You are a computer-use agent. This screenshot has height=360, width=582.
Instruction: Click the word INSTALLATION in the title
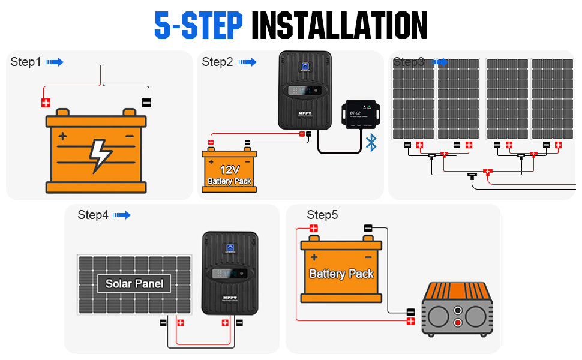339,25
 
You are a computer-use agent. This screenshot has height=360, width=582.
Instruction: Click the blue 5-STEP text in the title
199,25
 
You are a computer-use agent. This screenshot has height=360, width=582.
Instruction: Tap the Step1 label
26,62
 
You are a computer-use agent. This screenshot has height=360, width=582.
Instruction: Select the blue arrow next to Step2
247,62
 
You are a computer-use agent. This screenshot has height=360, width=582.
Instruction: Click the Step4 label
93,215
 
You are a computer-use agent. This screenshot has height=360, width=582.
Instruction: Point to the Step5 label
322,215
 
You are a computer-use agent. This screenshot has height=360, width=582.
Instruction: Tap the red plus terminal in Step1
46,103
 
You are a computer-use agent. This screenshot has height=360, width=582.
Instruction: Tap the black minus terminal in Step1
146,103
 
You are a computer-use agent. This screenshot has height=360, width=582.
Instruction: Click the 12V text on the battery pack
229,169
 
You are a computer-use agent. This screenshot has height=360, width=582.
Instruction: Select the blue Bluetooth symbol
371,143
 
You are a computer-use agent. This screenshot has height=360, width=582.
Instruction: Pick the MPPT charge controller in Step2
305,90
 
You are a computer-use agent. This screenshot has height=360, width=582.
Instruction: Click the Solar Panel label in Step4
134,284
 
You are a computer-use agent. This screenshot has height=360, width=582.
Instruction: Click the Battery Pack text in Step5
341,274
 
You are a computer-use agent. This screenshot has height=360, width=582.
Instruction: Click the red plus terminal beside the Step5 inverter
410,322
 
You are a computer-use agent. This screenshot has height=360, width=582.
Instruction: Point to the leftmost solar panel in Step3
413,99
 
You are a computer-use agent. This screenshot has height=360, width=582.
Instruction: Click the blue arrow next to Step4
121,215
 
